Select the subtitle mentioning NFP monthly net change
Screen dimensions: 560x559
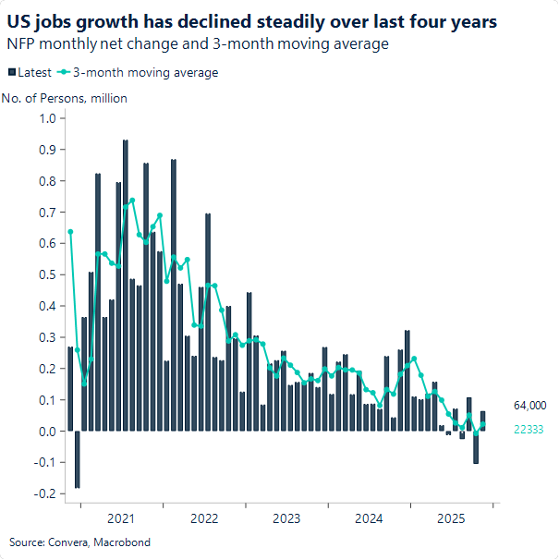click(x=198, y=43)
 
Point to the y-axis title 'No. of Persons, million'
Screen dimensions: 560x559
click(x=65, y=98)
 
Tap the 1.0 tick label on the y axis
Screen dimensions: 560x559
click(x=47, y=118)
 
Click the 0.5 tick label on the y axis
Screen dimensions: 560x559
click(x=47, y=274)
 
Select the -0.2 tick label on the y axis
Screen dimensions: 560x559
click(x=45, y=493)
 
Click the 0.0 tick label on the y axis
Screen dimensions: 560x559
click(x=47, y=432)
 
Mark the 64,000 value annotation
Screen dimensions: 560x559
click(x=530, y=406)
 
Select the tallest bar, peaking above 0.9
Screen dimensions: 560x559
click(x=126, y=277)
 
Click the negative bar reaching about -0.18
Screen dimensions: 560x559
click(x=78, y=459)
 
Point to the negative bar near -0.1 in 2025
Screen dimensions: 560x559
click(x=476, y=447)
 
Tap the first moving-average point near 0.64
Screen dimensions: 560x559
click(x=70, y=232)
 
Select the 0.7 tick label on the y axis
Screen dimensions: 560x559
click(x=47, y=213)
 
